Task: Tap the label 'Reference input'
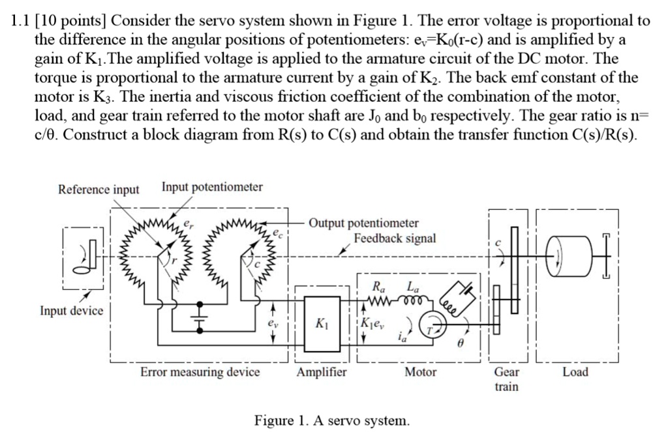pos(99,190)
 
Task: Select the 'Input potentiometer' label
pos(212,188)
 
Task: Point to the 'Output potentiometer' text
pos(364,223)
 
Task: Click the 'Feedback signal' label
pos(395,238)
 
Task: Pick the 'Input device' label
pos(72,310)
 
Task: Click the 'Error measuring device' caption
pos(200,372)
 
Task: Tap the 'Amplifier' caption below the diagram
pos(322,372)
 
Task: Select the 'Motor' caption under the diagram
pos(421,372)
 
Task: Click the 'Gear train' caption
pos(506,379)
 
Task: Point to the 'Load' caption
pos(575,372)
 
